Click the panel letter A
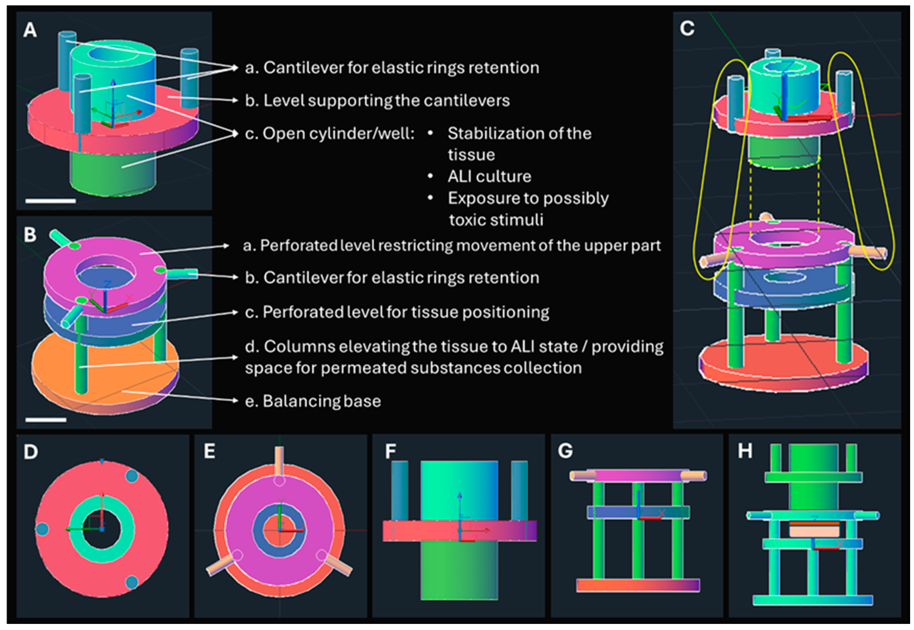coord(30,30)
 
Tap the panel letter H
coord(745,451)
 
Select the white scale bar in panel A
coord(50,201)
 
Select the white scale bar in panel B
coord(46,420)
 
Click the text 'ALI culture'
coord(489,176)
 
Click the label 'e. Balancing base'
coord(313,401)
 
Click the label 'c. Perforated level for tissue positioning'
coord(397,312)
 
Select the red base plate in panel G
coord(638,585)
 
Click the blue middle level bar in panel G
coord(638,512)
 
